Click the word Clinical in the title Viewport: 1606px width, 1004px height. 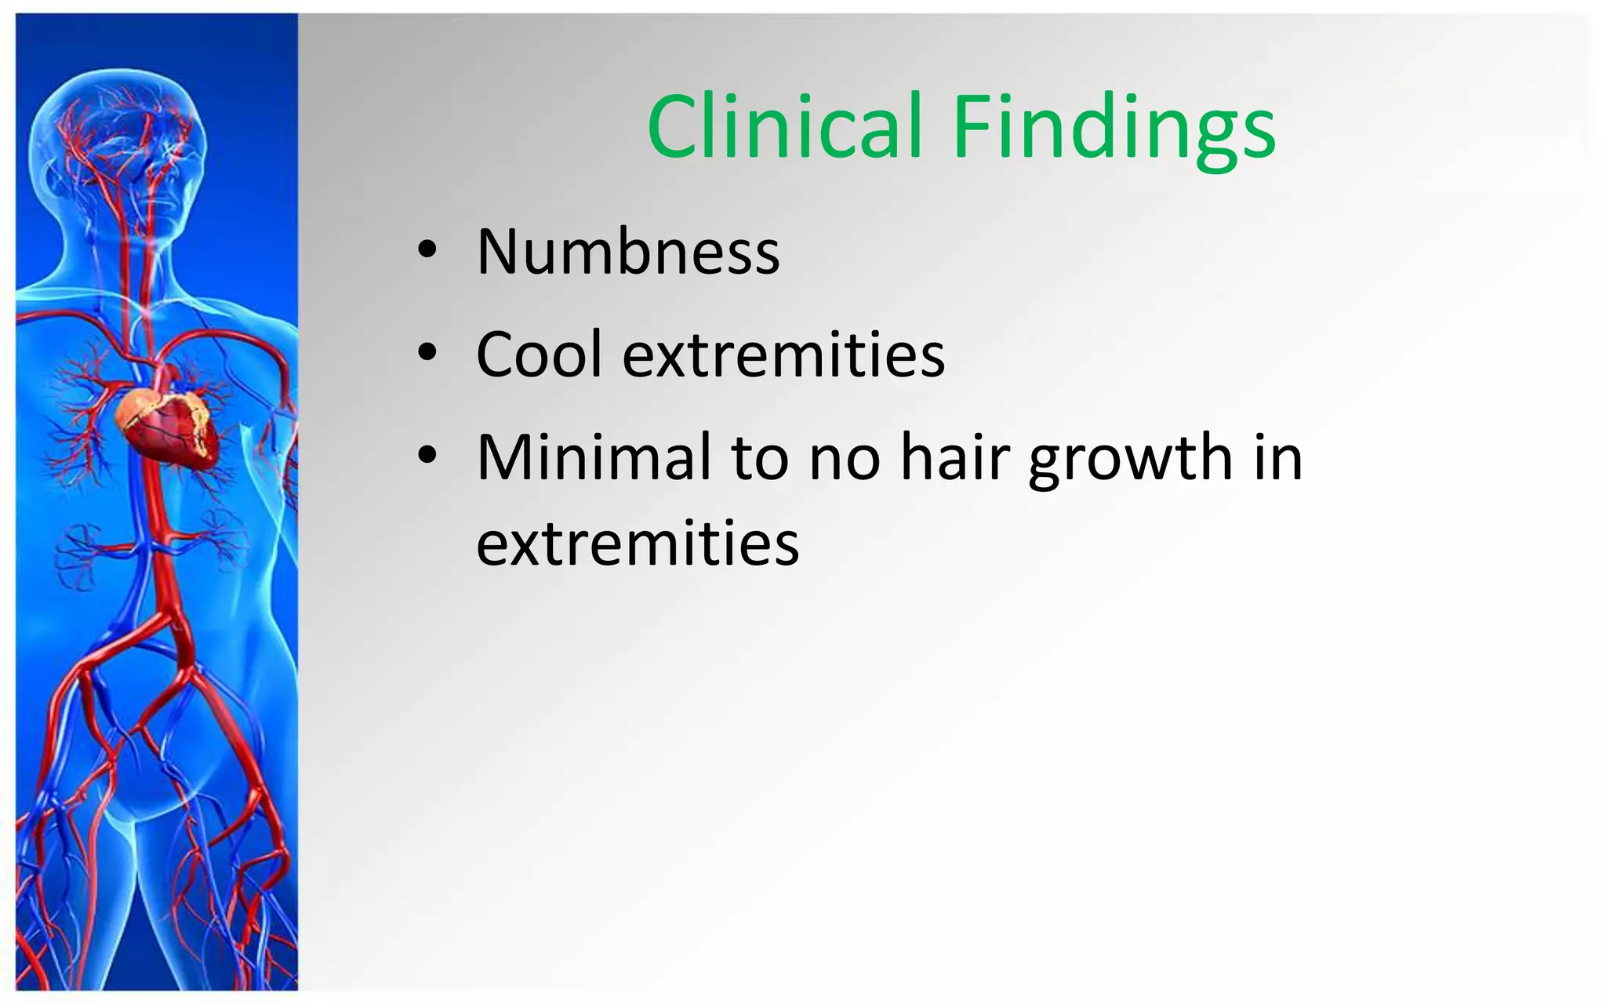[784, 127]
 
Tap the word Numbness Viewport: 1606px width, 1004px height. [628, 253]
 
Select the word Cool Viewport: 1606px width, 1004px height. [539, 355]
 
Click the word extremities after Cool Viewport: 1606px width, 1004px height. [783, 355]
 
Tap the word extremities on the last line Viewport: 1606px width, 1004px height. [638, 543]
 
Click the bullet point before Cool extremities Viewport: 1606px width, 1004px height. [427, 353]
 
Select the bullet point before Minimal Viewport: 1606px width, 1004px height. [427, 455]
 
